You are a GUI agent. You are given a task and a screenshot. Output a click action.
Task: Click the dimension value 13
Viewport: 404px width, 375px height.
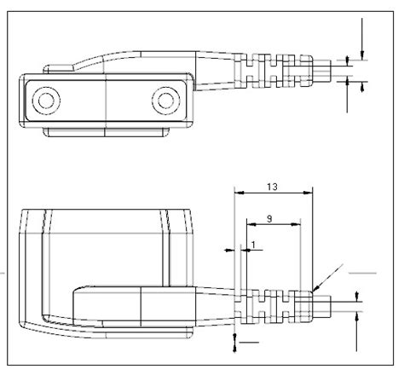[271, 186]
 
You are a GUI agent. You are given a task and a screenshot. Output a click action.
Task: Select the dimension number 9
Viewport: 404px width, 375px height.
[269, 219]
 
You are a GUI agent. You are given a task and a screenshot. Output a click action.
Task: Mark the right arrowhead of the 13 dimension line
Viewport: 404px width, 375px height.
[309, 193]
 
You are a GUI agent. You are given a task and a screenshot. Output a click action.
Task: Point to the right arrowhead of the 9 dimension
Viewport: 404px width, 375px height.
[297, 225]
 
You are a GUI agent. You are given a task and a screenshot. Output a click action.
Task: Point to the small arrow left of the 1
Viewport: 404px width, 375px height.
[228, 250]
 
